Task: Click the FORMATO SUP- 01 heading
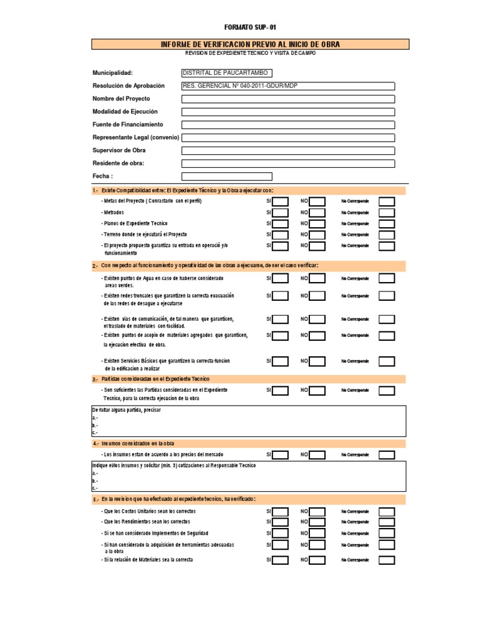pyautogui.click(x=249, y=27)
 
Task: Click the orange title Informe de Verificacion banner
pyautogui.click(x=250, y=44)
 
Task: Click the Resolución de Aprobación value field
pyautogui.click(x=288, y=85)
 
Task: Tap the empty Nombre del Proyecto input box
pyautogui.click(x=288, y=99)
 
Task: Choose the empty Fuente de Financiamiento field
pyautogui.click(x=288, y=125)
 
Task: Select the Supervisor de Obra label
pyautogui.click(x=119, y=150)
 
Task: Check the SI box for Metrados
pyautogui.click(x=280, y=213)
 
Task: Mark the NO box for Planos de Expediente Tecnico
pyautogui.click(x=317, y=223)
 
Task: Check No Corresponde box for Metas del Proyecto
pyautogui.click(x=387, y=202)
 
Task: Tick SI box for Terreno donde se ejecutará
pyautogui.click(x=280, y=235)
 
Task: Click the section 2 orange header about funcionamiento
pyautogui.click(x=249, y=265)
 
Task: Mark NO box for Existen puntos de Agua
pyautogui.click(x=317, y=278)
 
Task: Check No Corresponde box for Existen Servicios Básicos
pyautogui.click(x=387, y=361)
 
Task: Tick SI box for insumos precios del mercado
pyautogui.click(x=280, y=455)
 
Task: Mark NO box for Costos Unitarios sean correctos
pyautogui.click(x=317, y=512)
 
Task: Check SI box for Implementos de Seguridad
pyautogui.click(x=280, y=534)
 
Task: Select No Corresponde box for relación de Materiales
pyautogui.click(x=387, y=560)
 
